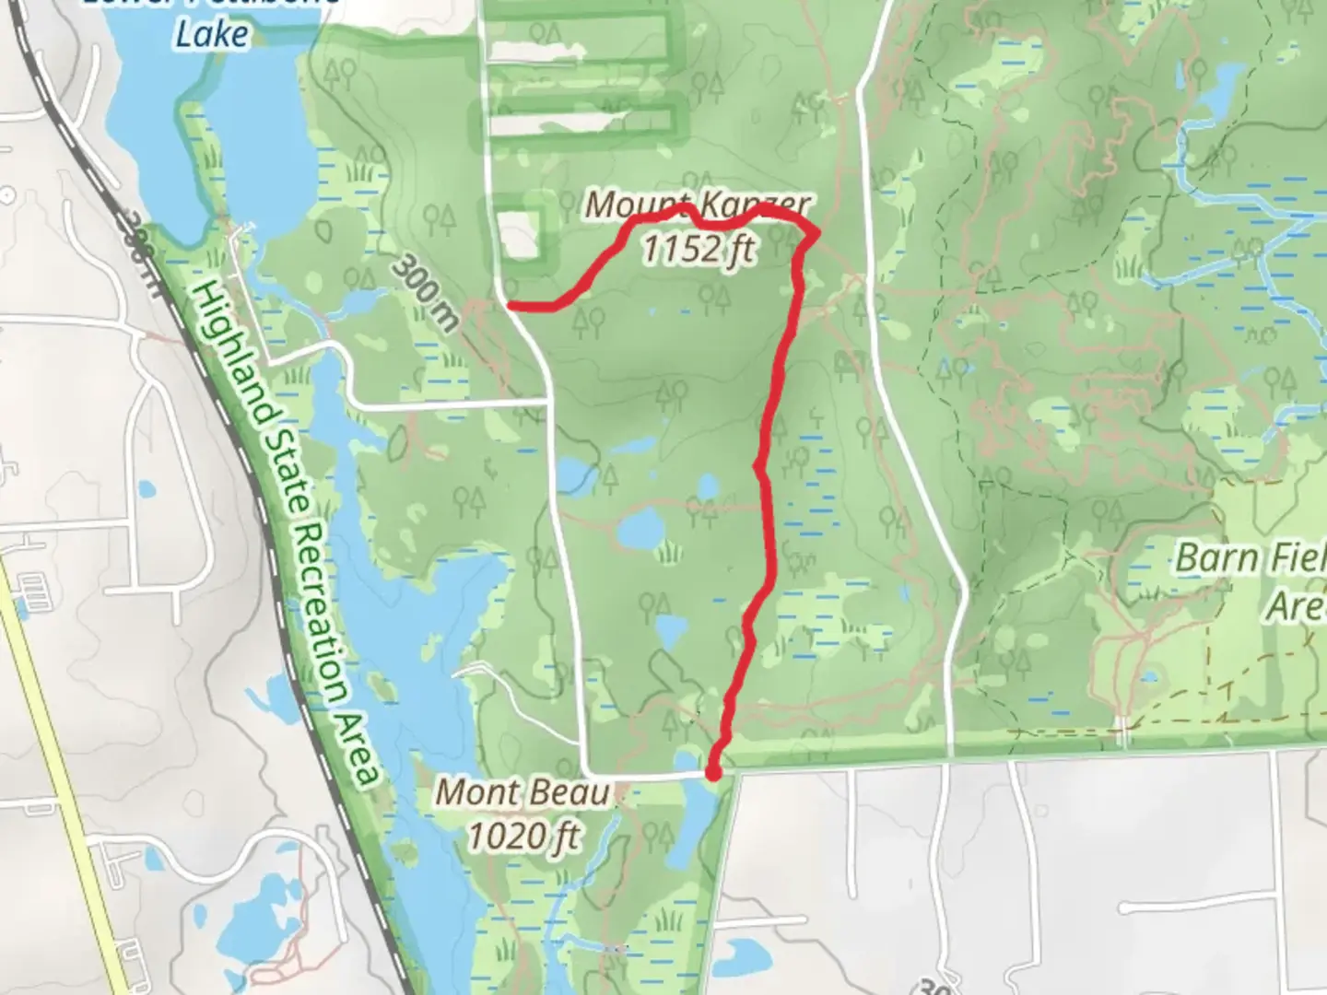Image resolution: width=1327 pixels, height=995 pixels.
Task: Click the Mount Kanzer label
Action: pos(698,204)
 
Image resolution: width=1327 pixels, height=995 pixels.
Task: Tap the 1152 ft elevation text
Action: pos(698,249)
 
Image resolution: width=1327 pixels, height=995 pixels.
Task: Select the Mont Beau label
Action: pos(523,792)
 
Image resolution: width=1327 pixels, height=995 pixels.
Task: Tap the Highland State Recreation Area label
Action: pos(285,534)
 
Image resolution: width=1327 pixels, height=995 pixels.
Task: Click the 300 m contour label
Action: pos(425,292)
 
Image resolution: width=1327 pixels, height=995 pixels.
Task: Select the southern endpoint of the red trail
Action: pos(712,772)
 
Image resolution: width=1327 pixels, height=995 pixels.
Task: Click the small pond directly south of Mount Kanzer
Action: pos(707,486)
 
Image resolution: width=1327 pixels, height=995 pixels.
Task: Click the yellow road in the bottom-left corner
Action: pos(65,783)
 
